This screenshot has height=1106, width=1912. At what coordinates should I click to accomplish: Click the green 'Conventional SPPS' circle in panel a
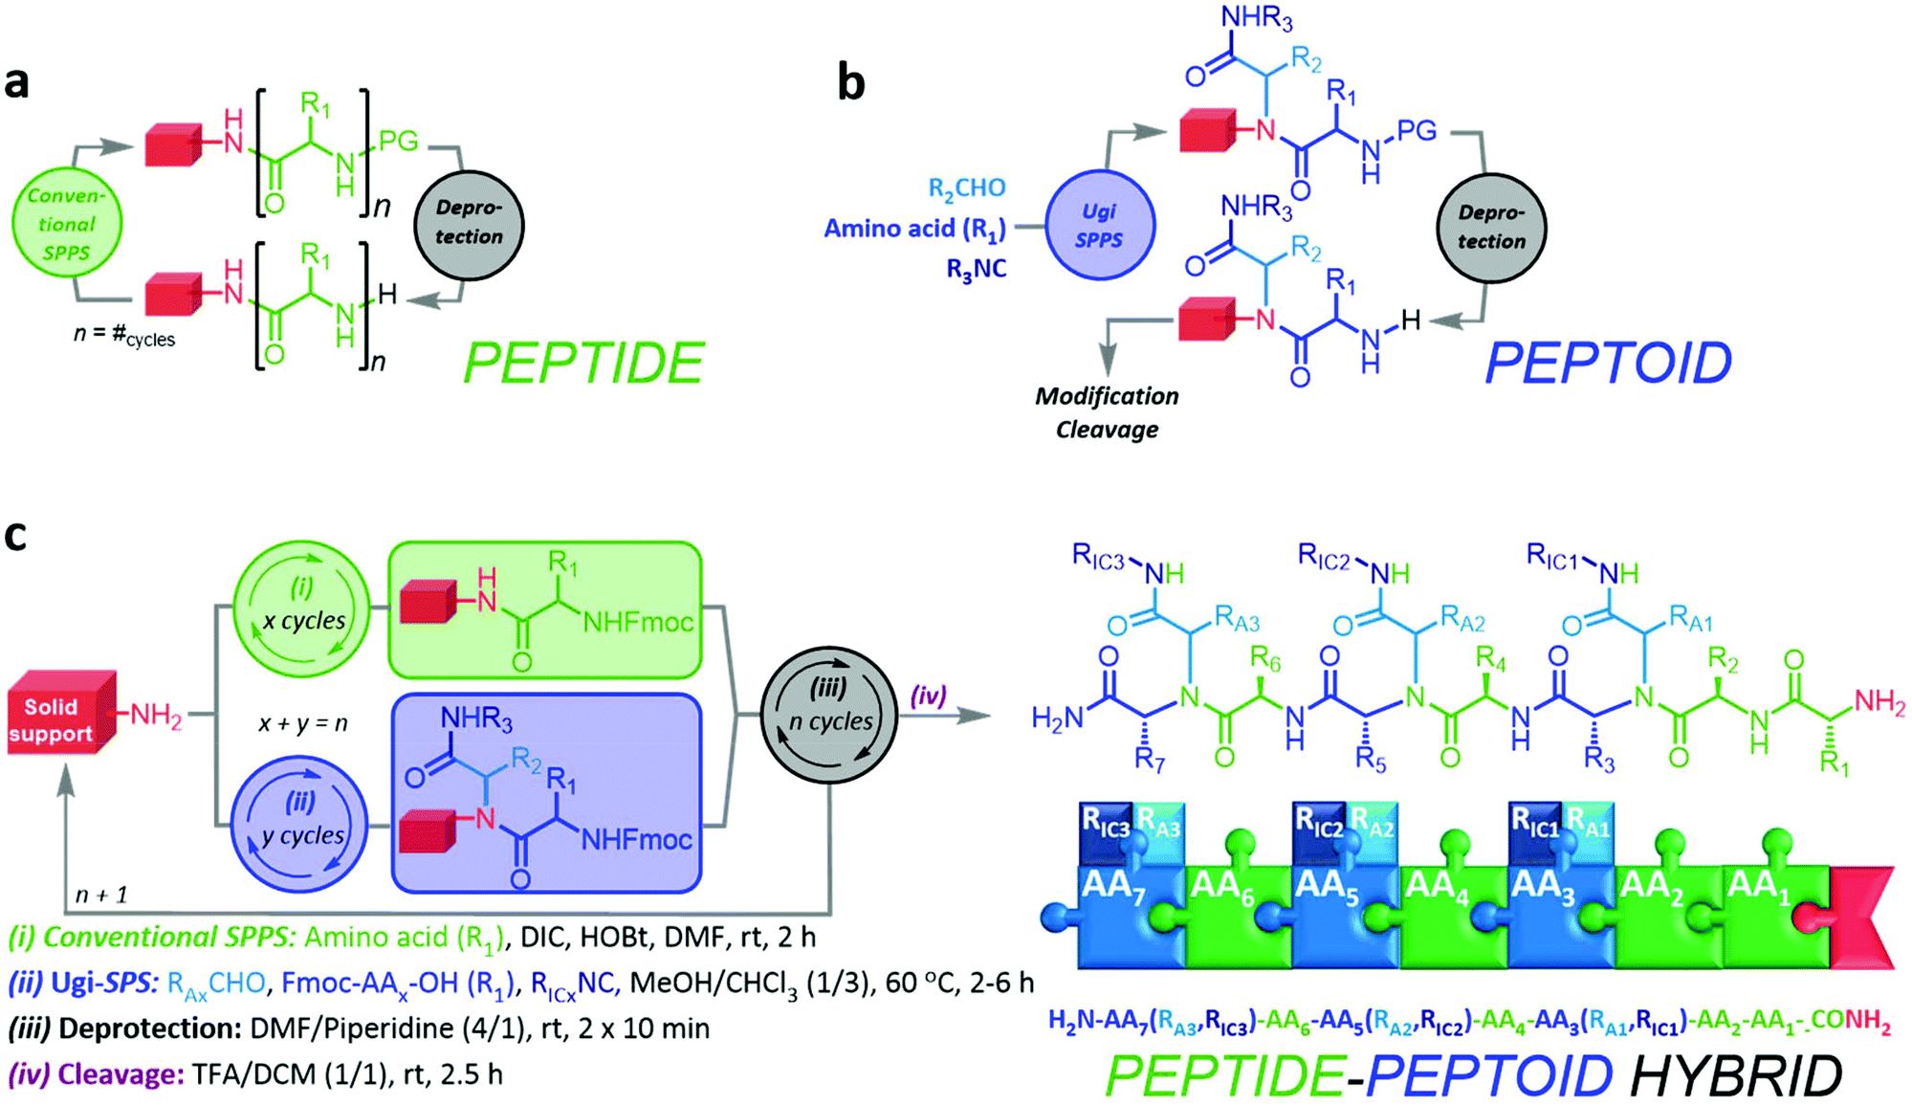[67, 224]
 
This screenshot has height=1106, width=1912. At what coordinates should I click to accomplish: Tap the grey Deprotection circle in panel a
[469, 224]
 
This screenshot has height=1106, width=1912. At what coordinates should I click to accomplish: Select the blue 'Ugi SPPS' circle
[1099, 226]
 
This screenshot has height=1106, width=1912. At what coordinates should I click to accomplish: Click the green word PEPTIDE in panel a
[583, 364]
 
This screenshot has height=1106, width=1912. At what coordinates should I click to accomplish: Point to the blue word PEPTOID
[1607, 364]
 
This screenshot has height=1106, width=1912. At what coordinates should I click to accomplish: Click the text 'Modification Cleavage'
[1107, 412]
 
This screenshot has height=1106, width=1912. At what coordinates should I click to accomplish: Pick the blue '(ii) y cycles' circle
[301, 823]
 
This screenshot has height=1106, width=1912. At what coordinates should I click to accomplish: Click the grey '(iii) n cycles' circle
[829, 715]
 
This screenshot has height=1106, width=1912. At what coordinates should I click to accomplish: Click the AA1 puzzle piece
[1769, 914]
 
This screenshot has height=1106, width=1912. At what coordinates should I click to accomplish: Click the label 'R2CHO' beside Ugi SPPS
[966, 188]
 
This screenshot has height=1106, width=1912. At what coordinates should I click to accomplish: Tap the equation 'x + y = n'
[302, 723]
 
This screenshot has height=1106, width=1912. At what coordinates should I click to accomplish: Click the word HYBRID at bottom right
[1736, 1075]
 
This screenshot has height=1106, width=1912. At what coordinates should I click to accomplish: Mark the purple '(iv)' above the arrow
[927, 696]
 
